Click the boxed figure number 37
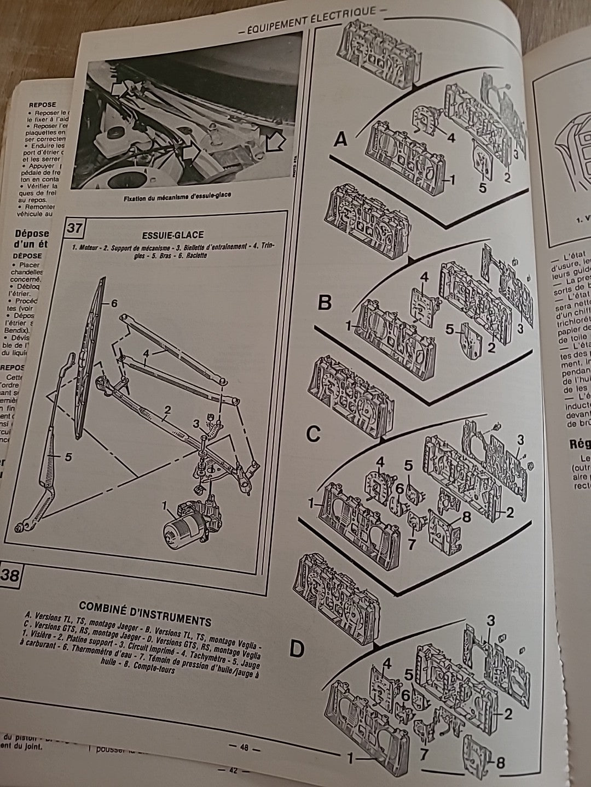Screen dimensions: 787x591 75,226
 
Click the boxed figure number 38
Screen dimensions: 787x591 11,575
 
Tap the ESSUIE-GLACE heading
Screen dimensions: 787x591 179,235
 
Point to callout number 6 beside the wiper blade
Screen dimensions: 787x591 114,303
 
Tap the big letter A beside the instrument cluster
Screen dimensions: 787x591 341,141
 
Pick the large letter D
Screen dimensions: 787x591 296,649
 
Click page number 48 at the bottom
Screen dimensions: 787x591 244,748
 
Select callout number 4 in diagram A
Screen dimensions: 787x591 451,138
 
